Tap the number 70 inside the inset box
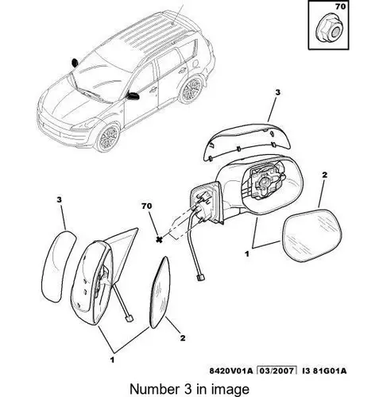[340, 6]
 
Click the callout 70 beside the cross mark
[146, 206]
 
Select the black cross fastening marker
[159, 240]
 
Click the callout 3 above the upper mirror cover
[277, 92]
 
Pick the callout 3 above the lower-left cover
[59, 199]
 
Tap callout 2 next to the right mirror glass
[324, 175]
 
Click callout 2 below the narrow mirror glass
[183, 338]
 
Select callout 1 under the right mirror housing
[247, 254]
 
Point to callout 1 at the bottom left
[112, 360]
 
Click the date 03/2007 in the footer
[277, 371]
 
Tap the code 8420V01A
[231, 371]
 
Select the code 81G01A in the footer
[329, 371]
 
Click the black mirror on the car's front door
[133, 95]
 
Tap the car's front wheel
[107, 137]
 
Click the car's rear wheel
[190, 89]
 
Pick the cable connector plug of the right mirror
[201, 278]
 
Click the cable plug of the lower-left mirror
[130, 318]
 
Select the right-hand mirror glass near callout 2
[312, 235]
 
